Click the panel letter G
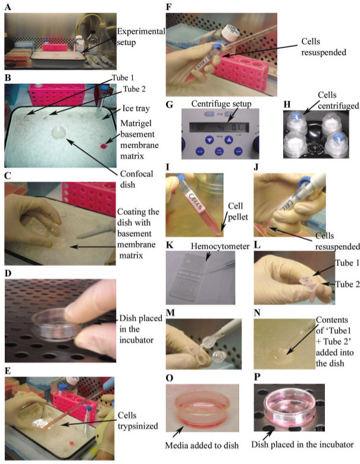170,105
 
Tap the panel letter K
170,245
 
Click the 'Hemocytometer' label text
220,246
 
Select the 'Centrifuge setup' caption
221,104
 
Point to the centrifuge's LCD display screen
219,127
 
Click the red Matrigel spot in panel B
104,146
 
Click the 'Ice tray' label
136,108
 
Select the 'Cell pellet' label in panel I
238,211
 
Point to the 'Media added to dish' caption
202,445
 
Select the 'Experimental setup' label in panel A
140,37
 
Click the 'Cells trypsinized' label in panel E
137,421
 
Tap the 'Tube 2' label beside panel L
348,284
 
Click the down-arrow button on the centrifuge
209,140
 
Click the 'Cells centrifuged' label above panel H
339,101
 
